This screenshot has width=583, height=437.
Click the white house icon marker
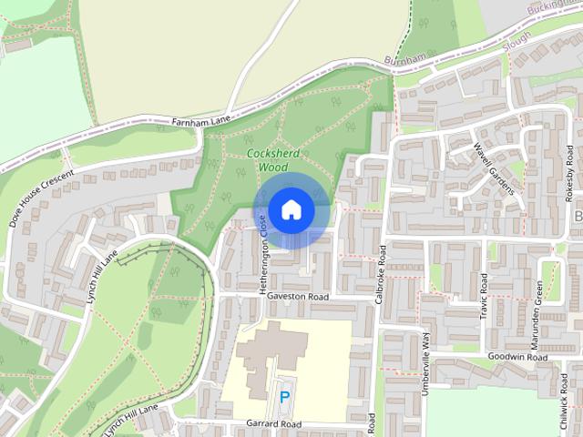pos(291,209)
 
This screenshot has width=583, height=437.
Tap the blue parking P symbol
pos(285,397)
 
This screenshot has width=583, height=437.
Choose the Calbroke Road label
pos(383,274)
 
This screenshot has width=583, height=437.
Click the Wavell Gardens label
pos(495,168)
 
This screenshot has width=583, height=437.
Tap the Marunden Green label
pos(539,307)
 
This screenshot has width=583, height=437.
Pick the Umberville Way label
pos(425,362)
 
